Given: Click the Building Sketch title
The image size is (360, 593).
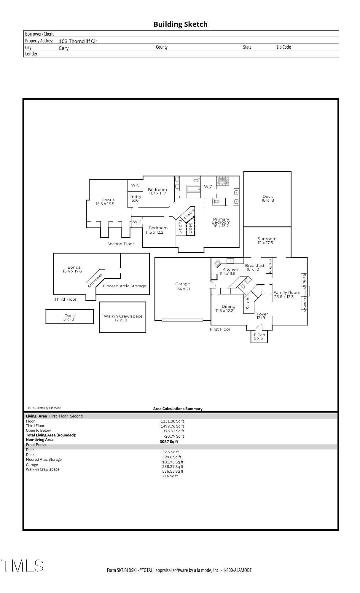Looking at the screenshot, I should coord(180,24).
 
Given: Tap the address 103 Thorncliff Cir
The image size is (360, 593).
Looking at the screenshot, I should coord(78,41).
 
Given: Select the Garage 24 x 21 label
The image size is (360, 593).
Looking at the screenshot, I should coord(183,286).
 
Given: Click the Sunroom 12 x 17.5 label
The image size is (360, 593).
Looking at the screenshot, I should coord(267,241).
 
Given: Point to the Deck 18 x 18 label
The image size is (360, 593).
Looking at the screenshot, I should coord(268,198).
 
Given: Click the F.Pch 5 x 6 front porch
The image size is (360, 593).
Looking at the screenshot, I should coord(259,337).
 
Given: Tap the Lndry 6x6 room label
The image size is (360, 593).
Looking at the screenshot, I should coord(135,198).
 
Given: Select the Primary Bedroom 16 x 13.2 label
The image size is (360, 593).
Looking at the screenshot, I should coord(221,222).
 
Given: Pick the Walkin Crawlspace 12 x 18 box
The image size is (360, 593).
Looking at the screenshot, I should coord(123,318).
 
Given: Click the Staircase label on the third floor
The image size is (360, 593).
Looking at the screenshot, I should coord(95,280).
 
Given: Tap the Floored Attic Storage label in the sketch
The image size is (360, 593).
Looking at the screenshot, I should coord(125,286).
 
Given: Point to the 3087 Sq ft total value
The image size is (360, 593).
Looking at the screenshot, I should coord(169,441).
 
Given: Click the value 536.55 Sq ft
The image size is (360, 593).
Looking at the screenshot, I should coord(173,471).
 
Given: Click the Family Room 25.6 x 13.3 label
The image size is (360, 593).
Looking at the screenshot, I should coord(286,294).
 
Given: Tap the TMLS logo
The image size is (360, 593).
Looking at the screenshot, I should coord(23,565).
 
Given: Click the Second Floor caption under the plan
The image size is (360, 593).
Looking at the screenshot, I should coord(121,244).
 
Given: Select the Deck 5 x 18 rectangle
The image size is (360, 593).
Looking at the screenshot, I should coord(69,317).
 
